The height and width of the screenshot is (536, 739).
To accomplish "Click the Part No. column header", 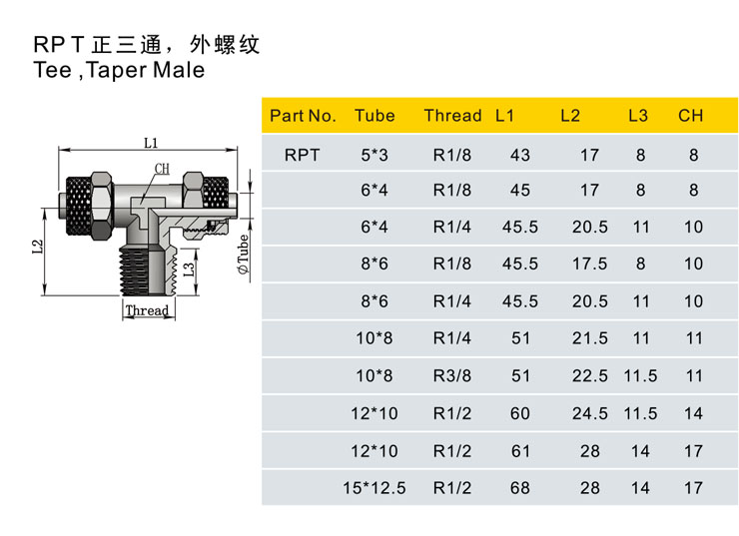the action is [303, 116].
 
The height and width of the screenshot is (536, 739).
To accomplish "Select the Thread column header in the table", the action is [452, 116].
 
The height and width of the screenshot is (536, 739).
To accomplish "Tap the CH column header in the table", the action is [690, 116].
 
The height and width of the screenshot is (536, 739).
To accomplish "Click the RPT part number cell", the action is [303, 155].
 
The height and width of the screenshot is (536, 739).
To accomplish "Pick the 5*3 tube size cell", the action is [374, 155].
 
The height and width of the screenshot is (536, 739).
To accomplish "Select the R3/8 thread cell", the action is [452, 376].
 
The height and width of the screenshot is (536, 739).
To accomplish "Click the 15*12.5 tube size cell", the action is [374, 488].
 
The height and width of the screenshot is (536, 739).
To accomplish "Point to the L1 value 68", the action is [520, 488].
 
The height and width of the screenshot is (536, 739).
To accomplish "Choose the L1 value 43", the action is [520, 155].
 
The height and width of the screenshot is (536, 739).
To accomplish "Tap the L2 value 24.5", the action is [590, 413].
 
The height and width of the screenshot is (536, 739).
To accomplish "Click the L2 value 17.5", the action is [590, 264].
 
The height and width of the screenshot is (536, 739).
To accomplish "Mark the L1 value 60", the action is [520, 413].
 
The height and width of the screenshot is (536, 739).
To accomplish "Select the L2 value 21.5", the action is [590, 338].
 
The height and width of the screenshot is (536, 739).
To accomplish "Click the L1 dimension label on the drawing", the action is [151, 143].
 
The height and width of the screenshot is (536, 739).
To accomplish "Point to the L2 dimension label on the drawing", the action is [38, 247].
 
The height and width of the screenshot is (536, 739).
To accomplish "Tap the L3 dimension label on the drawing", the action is [189, 268].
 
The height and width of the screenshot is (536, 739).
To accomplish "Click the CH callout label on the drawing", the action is [162, 169].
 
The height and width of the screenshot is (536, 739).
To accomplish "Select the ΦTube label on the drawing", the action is [243, 255].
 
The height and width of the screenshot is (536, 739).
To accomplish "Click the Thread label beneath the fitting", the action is [147, 310].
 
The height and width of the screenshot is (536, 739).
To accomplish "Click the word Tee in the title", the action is [53, 70].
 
